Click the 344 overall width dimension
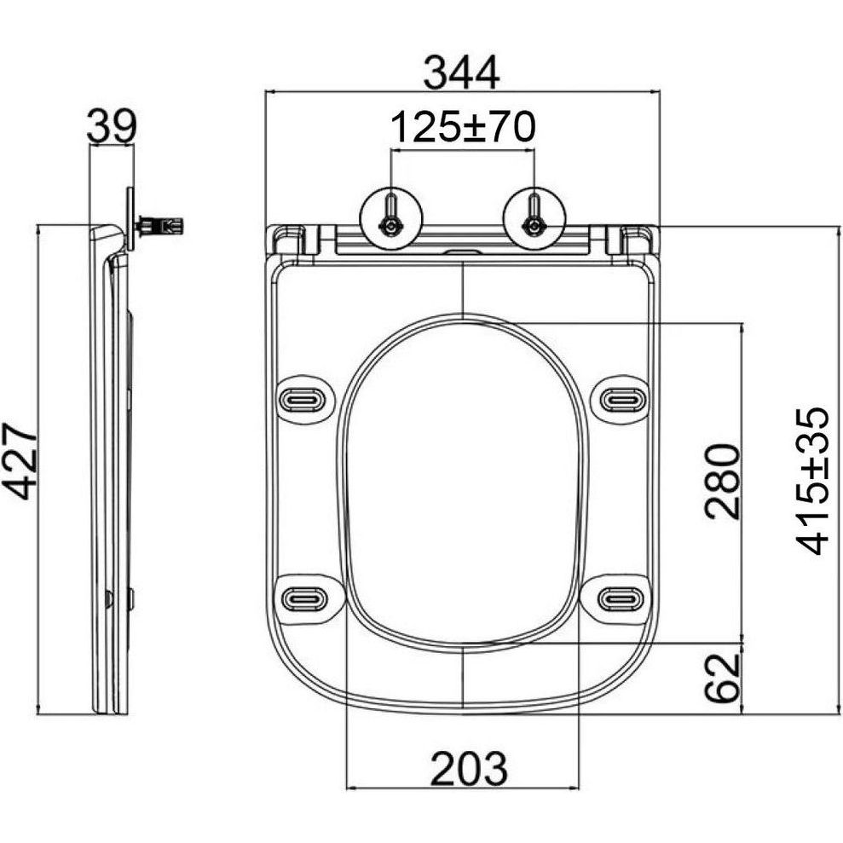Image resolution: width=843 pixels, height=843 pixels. (461, 73)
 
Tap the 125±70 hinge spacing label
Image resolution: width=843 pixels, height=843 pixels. (463, 127)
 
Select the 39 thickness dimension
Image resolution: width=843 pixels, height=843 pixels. (113, 126)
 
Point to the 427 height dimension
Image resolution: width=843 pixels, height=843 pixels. (20, 461)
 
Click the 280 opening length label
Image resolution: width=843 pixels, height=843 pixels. (723, 482)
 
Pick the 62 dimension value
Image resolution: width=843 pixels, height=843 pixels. (723, 678)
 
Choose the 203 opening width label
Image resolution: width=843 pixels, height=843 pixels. (469, 768)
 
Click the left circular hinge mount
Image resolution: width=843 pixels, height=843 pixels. (391, 219)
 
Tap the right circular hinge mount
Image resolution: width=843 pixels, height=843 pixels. (534, 219)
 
